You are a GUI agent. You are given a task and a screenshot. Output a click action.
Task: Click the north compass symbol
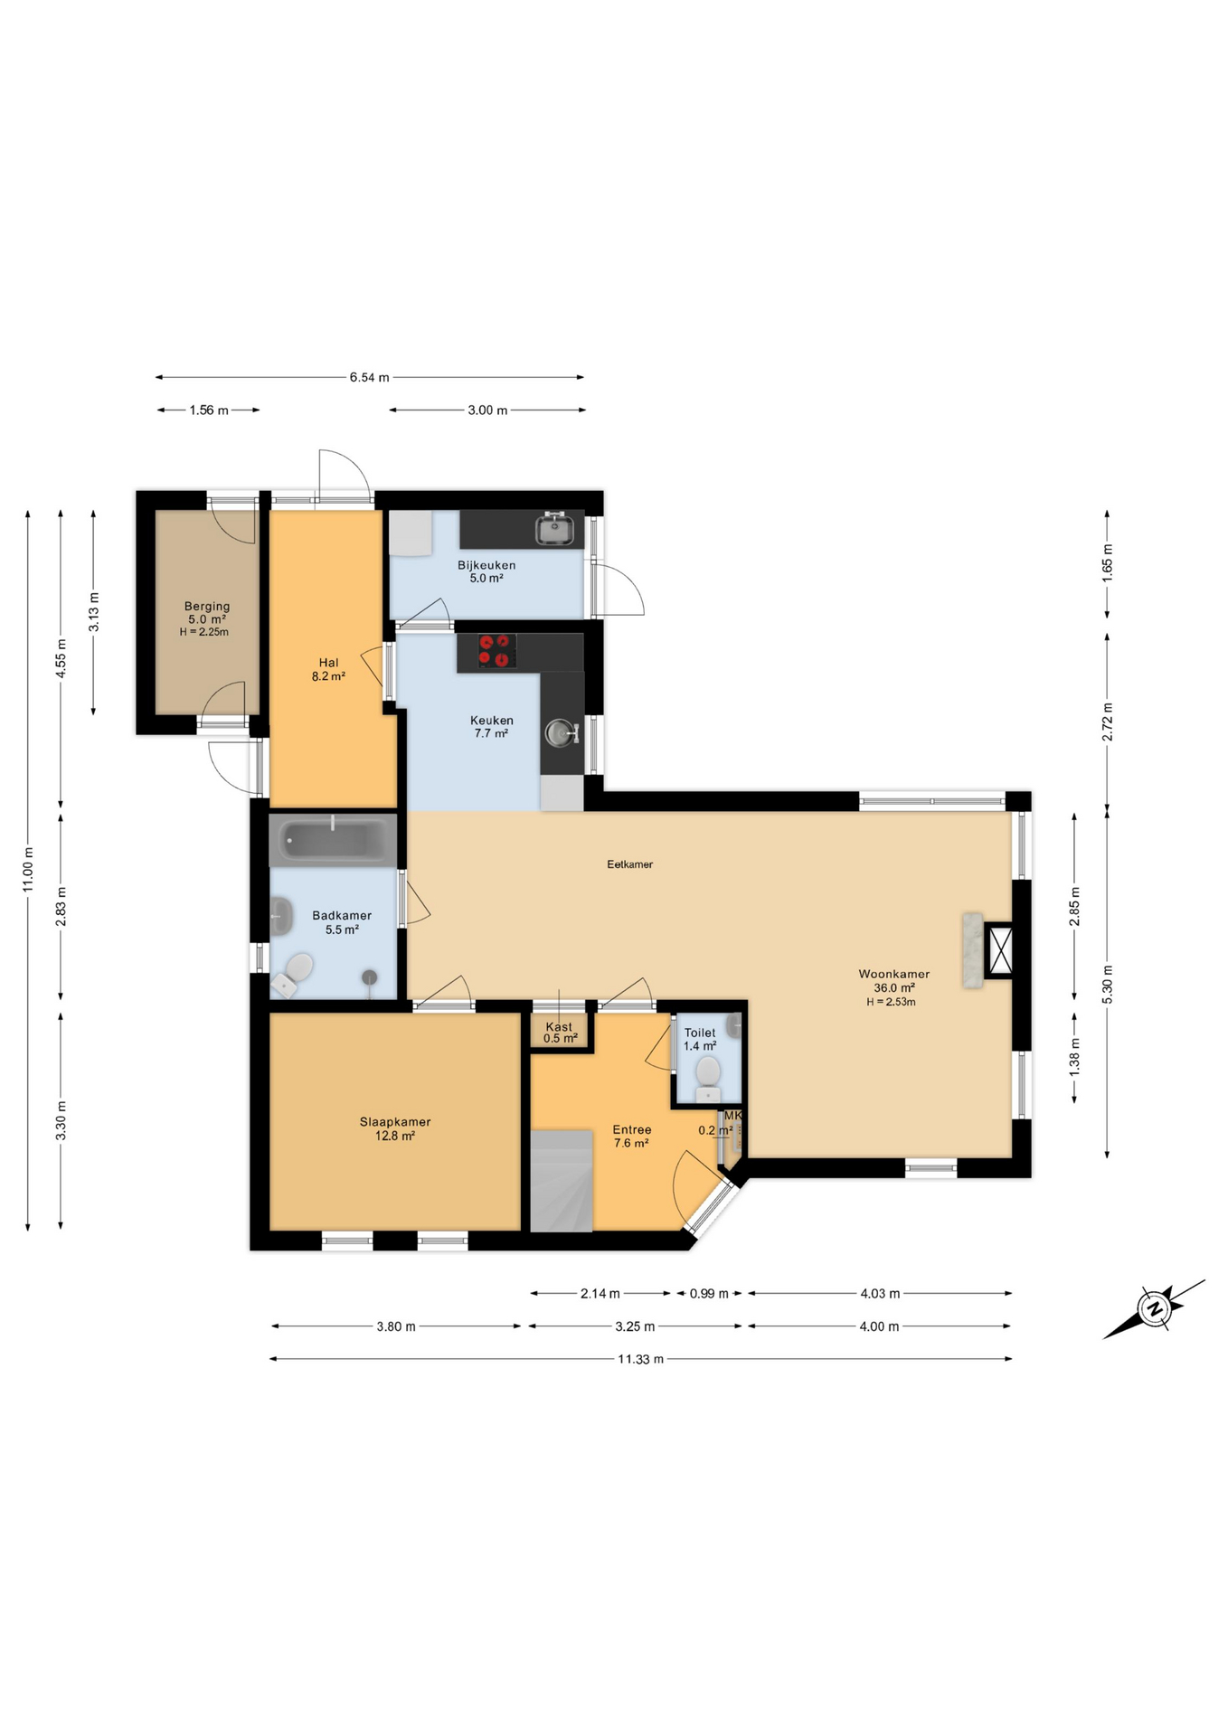click(x=1154, y=1308)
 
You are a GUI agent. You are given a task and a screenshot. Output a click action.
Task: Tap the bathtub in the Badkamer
click(x=332, y=840)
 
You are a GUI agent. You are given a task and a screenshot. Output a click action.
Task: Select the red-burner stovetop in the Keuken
click(x=497, y=651)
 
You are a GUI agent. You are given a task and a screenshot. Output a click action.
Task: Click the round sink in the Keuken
click(x=561, y=732)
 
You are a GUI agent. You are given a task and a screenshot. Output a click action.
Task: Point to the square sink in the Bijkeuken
click(x=553, y=529)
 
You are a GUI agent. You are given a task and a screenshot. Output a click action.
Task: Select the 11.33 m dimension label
click(x=640, y=1359)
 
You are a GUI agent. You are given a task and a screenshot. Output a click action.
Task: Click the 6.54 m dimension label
click(x=369, y=377)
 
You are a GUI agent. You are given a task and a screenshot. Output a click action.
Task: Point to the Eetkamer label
click(x=629, y=864)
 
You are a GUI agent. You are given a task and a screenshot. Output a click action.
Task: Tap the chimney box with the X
click(x=1000, y=949)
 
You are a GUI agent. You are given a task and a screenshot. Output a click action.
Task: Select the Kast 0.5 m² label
click(x=560, y=1033)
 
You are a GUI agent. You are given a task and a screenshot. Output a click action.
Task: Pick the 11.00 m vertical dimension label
click(x=28, y=870)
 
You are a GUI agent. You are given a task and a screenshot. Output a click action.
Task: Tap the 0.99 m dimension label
click(x=709, y=1294)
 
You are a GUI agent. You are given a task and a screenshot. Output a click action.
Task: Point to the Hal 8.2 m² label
click(x=328, y=669)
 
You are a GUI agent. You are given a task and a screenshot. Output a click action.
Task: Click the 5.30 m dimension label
click(x=1107, y=984)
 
